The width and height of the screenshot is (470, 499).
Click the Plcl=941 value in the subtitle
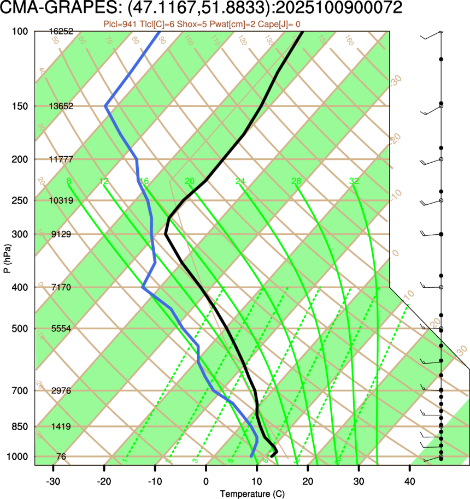tap(120, 24)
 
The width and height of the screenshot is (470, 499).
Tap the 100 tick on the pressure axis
tap(20, 32)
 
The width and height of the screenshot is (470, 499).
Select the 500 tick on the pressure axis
tap(20, 329)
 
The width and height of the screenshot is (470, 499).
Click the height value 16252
tap(61, 32)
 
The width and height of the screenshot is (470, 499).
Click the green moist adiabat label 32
tap(354, 181)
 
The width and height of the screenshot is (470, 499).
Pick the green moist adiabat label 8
tap(68, 181)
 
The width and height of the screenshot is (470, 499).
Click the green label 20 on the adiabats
tap(190, 181)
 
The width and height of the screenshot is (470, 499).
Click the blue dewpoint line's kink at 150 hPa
tap(105, 106)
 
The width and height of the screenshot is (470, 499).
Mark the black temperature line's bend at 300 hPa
tap(166, 234)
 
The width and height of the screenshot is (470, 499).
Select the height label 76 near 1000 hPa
tap(61, 456)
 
